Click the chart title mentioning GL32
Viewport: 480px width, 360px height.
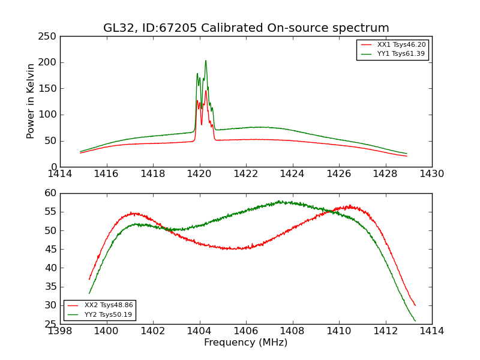pyautogui.click(x=246, y=28)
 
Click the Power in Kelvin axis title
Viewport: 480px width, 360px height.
pyautogui.click(x=31, y=101)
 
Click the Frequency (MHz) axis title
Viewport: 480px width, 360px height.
pyautogui.click(x=246, y=343)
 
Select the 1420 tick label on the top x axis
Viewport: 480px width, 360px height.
pyautogui.click(x=199, y=174)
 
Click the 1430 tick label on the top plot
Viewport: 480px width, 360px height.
pyautogui.click(x=431, y=174)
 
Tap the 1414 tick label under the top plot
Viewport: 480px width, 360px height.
pyautogui.click(x=61, y=174)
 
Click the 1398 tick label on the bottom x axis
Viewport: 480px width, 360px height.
pyautogui.click(x=61, y=331)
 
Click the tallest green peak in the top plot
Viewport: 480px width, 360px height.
pyautogui.click(x=206, y=61)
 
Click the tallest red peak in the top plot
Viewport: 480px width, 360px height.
pyautogui.click(x=206, y=91)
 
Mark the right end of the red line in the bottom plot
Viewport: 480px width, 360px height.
pyautogui.click(x=415, y=305)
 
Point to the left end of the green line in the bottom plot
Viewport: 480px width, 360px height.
pyautogui.click(x=89, y=293)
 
